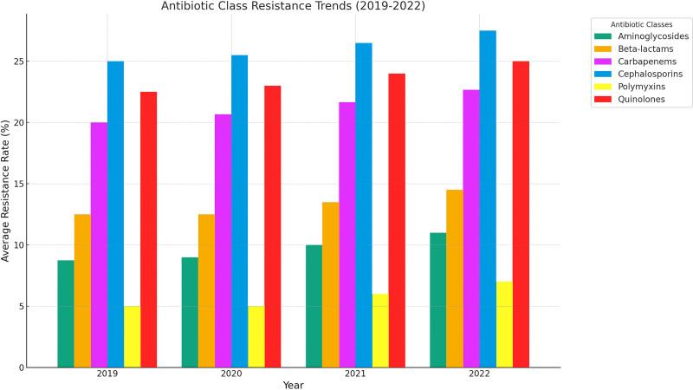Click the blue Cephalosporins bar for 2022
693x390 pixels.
[488, 199]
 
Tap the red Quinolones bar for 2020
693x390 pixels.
[273, 226]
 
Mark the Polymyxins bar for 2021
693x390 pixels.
[380, 330]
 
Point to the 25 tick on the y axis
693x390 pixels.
[31, 62]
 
